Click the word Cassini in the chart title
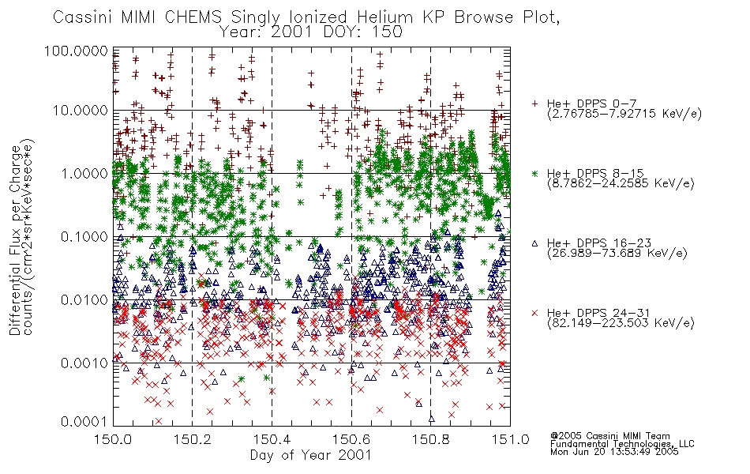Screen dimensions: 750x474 (x=83, y=17)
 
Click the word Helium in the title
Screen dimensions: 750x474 (x=384, y=17)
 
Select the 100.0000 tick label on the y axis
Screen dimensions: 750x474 (x=76, y=51)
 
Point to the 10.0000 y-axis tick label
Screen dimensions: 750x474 (x=81, y=111)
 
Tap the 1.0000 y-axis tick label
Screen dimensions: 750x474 (x=84, y=173)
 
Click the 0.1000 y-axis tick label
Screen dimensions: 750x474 (x=84, y=236)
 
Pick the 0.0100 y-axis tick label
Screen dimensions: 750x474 (x=84, y=300)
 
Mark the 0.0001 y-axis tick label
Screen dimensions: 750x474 (x=84, y=422)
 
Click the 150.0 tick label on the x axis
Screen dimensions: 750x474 (x=113, y=439)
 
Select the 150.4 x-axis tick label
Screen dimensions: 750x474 (x=272, y=439)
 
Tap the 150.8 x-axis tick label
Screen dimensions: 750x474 (x=430, y=439)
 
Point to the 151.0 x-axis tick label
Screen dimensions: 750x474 (x=510, y=439)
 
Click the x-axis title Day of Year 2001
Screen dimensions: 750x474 (x=311, y=455)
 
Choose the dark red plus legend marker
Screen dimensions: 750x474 (x=534, y=103)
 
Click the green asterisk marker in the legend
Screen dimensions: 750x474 (x=534, y=173)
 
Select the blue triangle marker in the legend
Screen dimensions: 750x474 (x=534, y=243)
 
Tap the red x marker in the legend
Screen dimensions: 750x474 (x=534, y=313)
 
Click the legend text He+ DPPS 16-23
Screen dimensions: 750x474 (x=599, y=243)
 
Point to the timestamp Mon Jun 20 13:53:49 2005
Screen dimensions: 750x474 (x=614, y=452)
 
